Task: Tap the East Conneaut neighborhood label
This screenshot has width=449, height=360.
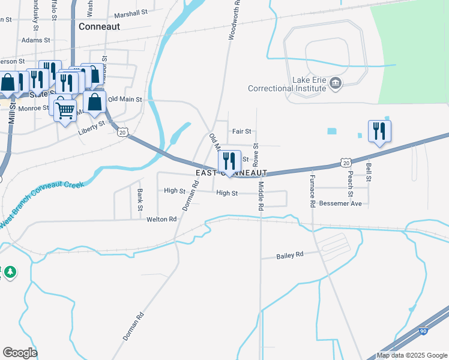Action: pos(231,173)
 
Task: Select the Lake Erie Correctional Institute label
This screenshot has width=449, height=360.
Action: pos(288,84)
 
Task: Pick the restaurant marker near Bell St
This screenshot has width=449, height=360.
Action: pos(379,131)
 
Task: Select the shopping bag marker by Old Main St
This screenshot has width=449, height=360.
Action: pos(95,103)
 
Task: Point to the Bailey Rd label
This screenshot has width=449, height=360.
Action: pos(290,255)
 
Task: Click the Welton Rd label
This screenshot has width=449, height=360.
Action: pos(161,220)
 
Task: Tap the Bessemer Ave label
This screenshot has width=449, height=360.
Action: pos(340,204)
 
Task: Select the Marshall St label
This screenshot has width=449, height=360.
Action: pos(130,13)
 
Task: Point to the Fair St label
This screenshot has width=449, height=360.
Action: pos(241,131)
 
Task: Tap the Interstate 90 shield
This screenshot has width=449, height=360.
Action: pos(423,331)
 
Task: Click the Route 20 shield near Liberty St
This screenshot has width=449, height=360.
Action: pos(122,131)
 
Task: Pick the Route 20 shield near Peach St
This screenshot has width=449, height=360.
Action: pos(345,162)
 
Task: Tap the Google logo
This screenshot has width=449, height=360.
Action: pos(19,353)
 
